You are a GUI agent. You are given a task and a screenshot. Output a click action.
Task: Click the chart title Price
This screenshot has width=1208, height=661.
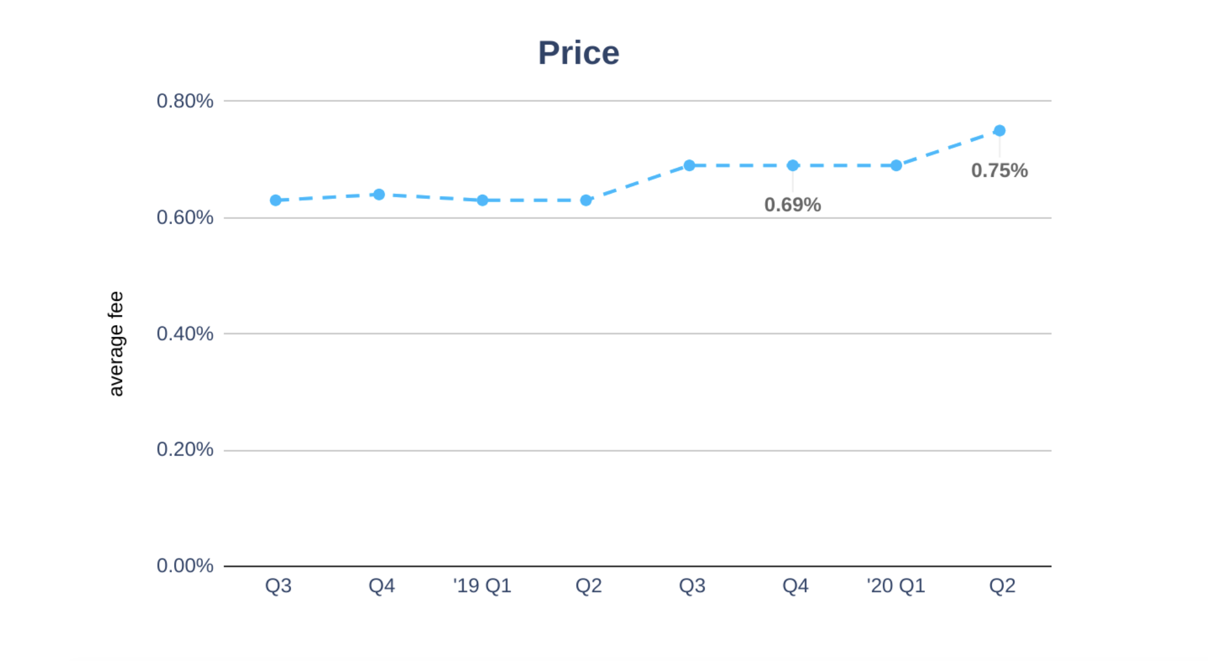(578, 53)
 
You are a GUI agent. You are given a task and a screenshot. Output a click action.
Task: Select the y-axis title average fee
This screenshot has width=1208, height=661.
(116, 343)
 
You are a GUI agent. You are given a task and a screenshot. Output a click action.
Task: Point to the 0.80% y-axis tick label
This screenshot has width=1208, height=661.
(185, 101)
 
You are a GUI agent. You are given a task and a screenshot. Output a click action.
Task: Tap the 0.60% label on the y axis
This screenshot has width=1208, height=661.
(185, 218)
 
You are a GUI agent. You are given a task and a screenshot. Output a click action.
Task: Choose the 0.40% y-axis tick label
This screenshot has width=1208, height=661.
(185, 334)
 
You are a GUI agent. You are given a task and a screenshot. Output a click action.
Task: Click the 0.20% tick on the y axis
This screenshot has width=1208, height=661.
(185, 450)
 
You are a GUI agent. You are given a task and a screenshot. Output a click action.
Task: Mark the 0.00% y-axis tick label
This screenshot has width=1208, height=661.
(185, 566)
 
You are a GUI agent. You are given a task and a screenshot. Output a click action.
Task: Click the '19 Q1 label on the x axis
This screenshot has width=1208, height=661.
(482, 586)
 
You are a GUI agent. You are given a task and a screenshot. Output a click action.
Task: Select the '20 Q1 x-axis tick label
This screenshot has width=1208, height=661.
(895, 586)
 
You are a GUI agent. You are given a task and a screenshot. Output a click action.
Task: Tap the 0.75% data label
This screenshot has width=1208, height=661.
(999, 171)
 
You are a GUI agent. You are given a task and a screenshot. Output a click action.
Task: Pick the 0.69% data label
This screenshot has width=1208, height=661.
(792, 205)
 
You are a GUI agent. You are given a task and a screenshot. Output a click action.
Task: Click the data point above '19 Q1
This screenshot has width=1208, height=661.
(483, 200)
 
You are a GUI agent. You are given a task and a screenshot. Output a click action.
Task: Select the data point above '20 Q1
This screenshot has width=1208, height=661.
(896, 165)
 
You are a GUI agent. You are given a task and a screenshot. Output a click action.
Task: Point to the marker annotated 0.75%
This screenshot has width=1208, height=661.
(999, 131)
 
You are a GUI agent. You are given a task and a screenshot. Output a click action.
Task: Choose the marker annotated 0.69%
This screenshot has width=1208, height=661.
(793, 165)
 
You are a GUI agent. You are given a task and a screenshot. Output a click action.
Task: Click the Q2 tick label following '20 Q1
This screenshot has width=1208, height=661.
(1002, 586)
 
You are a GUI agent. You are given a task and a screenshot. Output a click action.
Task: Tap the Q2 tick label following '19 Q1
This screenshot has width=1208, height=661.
(589, 586)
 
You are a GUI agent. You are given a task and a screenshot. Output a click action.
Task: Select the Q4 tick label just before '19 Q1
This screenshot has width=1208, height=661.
(382, 586)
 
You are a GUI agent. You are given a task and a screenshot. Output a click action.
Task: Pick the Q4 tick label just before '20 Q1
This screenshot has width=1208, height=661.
(795, 586)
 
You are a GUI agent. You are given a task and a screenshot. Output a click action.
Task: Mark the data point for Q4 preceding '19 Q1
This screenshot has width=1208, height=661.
(379, 195)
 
